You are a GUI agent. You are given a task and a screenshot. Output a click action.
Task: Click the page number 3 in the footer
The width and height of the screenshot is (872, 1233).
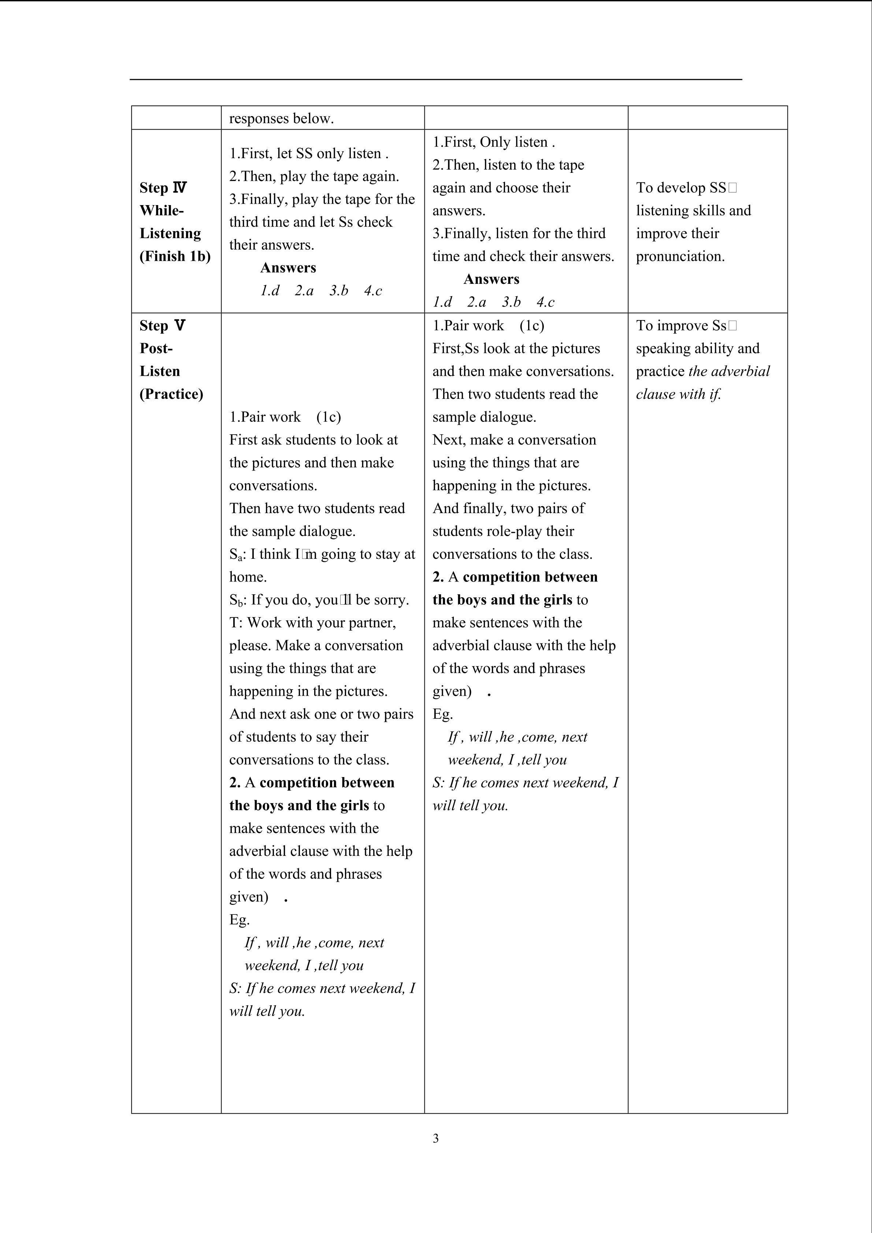click(435, 1138)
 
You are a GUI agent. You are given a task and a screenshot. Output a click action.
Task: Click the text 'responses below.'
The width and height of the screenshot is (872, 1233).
click(281, 119)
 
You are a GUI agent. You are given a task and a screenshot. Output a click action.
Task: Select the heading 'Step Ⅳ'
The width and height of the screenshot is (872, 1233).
click(163, 188)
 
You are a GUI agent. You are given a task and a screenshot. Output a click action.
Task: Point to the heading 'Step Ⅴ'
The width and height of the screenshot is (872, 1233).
click(162, 326)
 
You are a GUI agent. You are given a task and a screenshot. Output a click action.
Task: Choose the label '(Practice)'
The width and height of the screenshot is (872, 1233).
click(171, 394)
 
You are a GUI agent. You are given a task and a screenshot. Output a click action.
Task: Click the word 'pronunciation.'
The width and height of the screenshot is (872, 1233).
click(680, 256)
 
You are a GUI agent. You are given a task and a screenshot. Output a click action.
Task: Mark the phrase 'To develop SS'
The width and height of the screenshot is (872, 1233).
click(681, 188)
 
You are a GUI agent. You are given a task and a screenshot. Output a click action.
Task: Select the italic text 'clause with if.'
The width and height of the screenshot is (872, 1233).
click(678, 394)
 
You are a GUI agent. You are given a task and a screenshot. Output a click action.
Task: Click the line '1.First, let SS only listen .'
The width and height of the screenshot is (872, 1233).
click(309, 153)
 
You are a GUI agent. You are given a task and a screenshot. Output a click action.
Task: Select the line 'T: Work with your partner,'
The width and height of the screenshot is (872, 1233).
click(312, 623)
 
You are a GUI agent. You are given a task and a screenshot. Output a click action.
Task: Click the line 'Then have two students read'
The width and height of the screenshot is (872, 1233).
click(317, 509)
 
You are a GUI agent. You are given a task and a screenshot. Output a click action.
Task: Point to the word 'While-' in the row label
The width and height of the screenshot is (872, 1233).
click(162, 211)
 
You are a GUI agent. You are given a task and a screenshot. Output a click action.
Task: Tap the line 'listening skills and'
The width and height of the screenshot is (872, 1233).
click(693, 211)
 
